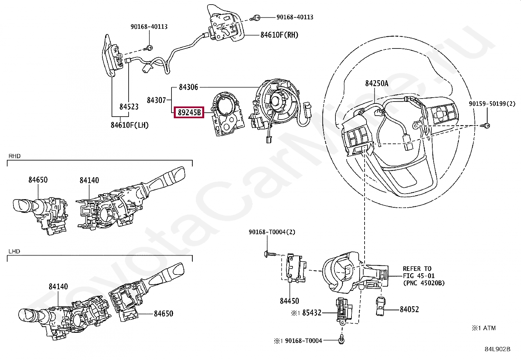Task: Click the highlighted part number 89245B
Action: pos(189,113)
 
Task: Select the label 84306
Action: pos(189,87)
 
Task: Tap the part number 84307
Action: pos(157,100)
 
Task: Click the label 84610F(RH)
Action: pos(279,35)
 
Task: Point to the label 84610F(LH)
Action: pos(130,125)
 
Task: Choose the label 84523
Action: pos(129,107)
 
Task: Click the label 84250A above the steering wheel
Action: pos(377,84)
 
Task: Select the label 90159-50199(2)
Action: pos(492,104)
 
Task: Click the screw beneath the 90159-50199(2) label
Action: pos(486,125)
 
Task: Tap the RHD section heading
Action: pos(14,156)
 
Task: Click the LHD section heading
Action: pos(14,252)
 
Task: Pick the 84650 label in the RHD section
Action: pos(38,180)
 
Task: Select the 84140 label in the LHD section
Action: pos(58,287)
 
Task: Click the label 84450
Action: pos(289,301)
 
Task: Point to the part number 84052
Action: pos(409,310)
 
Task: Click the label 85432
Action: pos(312,313)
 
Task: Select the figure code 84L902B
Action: pos(497,349)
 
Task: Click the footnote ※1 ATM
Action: pos(484,328)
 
